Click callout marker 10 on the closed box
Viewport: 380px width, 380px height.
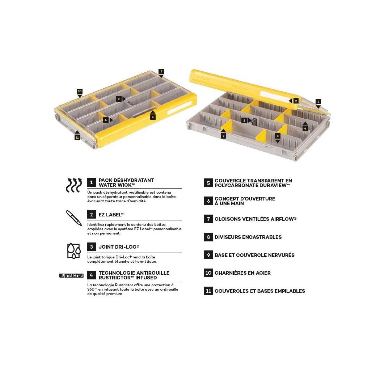click(x=80, y=91)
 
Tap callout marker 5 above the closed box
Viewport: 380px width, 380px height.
click(x=161, y=71)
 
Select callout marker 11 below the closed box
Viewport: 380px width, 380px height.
click(x=77, y=138)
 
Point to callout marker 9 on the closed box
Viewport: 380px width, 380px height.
click(x=118, y=99)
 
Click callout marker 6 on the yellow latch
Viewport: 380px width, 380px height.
click(x=153, y=117)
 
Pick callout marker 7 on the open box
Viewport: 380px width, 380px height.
click(x=223, y=136)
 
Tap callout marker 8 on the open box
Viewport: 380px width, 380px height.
click(x=278, y=136)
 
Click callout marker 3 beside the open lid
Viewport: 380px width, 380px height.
click(x=318, y=102)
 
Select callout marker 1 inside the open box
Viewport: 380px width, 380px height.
click(x=244, y=120)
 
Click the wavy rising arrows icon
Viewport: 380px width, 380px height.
click(x=74, y=185)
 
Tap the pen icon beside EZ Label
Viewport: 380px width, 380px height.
click(x=74, y=218)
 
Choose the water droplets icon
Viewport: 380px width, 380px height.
click(x=74, y=250)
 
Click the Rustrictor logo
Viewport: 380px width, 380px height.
click(x=71, y=275)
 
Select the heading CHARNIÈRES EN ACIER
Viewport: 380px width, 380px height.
click(x=242, y=273)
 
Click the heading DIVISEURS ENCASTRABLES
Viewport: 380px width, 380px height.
click(x=248, y=237)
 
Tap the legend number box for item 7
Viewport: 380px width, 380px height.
click(x=208, y=219)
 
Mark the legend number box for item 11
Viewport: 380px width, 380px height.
click(x=208, y=291)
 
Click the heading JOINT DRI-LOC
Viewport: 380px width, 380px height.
click(x=119, y=247)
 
